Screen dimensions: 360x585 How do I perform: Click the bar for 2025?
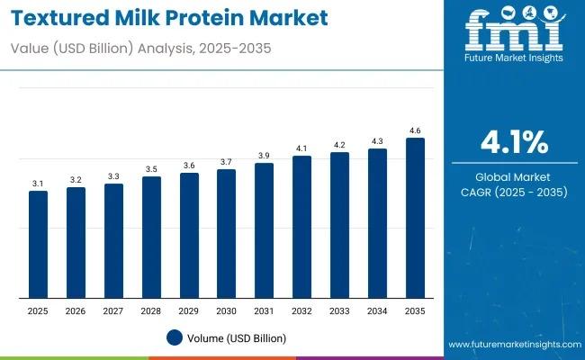tap(38, 245)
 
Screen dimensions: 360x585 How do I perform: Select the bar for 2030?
tap(226, 234)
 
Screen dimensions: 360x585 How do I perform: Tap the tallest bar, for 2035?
tap(415, 219)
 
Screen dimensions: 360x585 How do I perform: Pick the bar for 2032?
tap(301, 228)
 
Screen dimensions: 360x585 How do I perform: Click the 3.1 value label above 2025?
tap(38, 184)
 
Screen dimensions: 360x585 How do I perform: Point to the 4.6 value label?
tap(415, 130)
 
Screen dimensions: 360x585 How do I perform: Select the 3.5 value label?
tap(151, 169)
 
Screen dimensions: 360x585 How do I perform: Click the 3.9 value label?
tap(264, 156)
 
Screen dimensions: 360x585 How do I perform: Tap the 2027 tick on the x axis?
tap(113, 310)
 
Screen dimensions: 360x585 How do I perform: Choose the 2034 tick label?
tap(377, 310)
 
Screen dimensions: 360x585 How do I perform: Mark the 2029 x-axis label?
tap(189, 310)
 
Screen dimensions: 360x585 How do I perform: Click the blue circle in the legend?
tap(175, 337)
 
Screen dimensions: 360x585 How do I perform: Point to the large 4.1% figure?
tap(514, 141)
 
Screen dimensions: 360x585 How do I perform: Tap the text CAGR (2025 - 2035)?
tap(514, 192)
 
